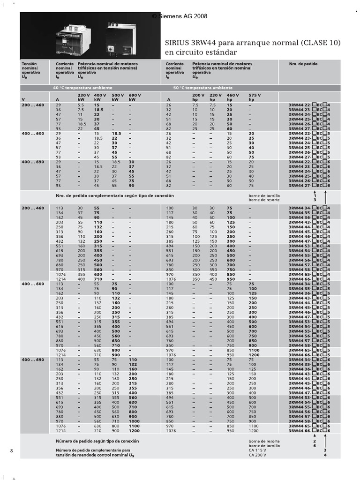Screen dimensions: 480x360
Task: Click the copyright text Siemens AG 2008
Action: coord(180,16)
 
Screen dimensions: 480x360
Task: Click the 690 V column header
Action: coord(135,95)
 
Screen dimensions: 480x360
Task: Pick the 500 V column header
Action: coord(118,95)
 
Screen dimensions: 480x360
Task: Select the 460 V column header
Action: coord(232,95)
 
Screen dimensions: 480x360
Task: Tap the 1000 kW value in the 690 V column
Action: coord(135,421)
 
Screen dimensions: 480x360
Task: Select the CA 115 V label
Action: coord(257,450)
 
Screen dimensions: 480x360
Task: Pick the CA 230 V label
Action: coord(257,455)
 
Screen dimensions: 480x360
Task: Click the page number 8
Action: coord(11,450)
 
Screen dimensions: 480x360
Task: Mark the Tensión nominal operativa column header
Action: coord(30,70)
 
